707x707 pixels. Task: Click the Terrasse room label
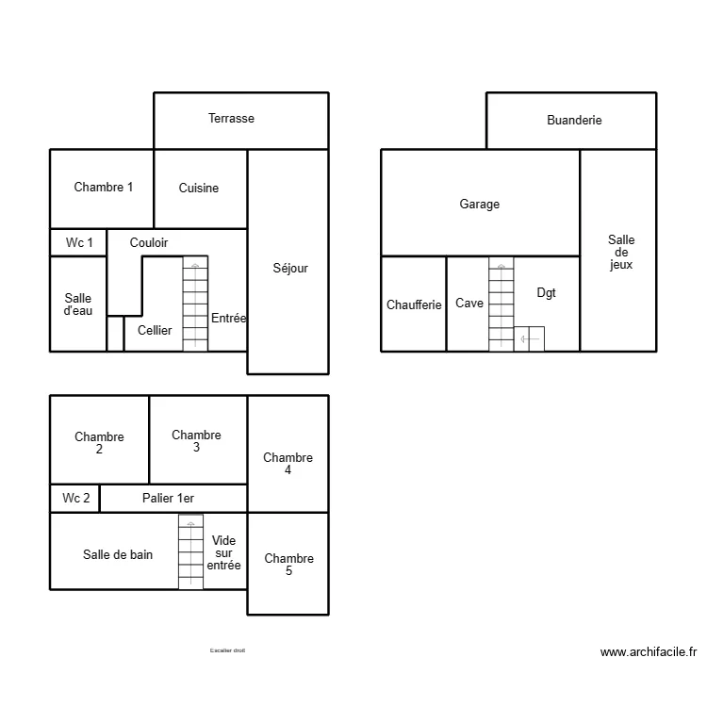click(231, 119)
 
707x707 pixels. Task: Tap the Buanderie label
click(574, 120)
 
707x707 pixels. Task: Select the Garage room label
click(480, 204)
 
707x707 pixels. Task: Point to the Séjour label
click(289, 268)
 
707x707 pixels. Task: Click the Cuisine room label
click(199, 188)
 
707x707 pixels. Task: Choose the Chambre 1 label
click(104, 187)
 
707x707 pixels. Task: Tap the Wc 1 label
click(79, 242)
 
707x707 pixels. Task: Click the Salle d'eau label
click(78, 304)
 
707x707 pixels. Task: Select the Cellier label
click(155, 330)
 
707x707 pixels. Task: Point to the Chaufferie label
click(414, 304)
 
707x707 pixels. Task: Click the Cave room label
click(469, 304)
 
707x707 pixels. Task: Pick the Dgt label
click(547, 293)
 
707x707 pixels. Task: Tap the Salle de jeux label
click(621, 253)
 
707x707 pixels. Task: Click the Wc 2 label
click(76, 498)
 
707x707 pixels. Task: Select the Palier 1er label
click(168, 498)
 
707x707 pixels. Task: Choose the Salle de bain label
click(118, 554)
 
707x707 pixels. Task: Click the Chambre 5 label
click(288, 565)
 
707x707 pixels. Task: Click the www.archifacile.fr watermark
click(648, 651)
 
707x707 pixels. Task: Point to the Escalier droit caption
click(227, 650)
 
